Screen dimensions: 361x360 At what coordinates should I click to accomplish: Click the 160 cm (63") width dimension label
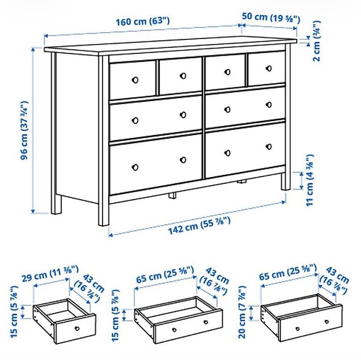tap(142, 22)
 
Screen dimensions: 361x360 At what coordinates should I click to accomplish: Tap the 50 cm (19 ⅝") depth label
tap(271, 18)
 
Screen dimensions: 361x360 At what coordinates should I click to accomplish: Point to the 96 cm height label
tap(24, 130)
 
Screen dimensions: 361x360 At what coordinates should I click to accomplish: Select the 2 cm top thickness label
tap(317, 41)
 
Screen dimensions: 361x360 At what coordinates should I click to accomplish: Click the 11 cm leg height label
tap(309, 180)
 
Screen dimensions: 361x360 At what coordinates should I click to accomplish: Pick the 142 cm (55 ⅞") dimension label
tap(199, 226)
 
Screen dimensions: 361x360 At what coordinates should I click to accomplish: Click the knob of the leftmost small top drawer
tap(135, 80)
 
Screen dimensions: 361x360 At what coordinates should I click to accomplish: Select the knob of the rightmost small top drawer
tap(268, 68)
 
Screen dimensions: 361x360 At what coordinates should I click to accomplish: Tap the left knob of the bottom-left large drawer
tap(135, 168)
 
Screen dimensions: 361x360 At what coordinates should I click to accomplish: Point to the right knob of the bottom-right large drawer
tap(268, 146)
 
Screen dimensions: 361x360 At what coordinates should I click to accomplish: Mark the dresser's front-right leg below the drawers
tap(286, 181)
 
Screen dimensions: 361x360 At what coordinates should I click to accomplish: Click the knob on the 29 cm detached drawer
tap(77, 328)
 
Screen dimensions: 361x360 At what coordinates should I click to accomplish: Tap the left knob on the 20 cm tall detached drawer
tap(298, 328)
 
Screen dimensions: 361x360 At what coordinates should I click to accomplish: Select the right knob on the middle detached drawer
tap(206, 322)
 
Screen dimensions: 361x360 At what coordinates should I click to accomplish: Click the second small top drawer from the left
tap(181, 76)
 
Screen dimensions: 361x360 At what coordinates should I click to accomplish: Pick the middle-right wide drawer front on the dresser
tap(245, 107)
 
